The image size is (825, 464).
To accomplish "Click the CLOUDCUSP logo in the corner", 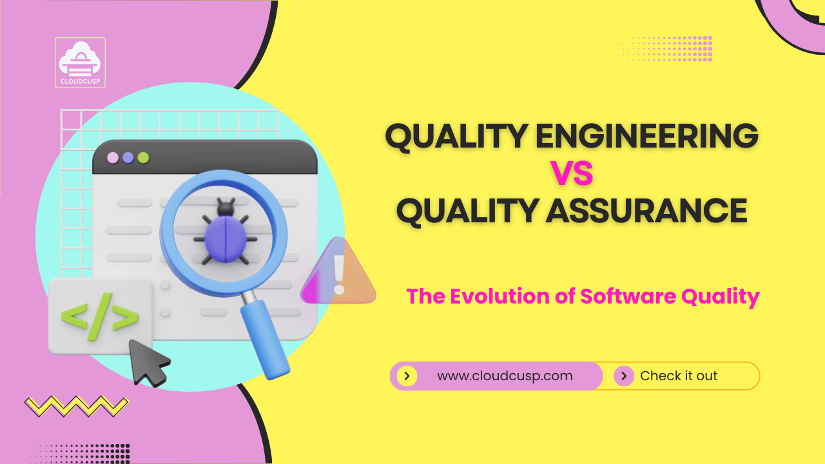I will (81, 63).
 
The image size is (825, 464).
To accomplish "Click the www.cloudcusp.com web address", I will (505, 376).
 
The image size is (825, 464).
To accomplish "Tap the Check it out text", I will (679, 376).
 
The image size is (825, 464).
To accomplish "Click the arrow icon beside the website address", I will (407, 376).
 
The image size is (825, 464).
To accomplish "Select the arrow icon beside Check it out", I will (623, 376).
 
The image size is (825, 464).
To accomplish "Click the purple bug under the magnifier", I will (224, 233).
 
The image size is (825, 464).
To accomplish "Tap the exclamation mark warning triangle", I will (338, 274).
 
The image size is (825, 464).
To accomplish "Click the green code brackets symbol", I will (99, 316).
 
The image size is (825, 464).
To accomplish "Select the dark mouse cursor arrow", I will (148, 362).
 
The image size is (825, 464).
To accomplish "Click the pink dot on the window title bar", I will (113, 157).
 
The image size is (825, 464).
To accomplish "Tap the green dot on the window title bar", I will (143, 157).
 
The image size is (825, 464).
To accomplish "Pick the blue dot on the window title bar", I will (128, 157).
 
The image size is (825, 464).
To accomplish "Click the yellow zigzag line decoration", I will (76, 405).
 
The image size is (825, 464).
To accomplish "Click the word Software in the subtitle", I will (626, 296).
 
